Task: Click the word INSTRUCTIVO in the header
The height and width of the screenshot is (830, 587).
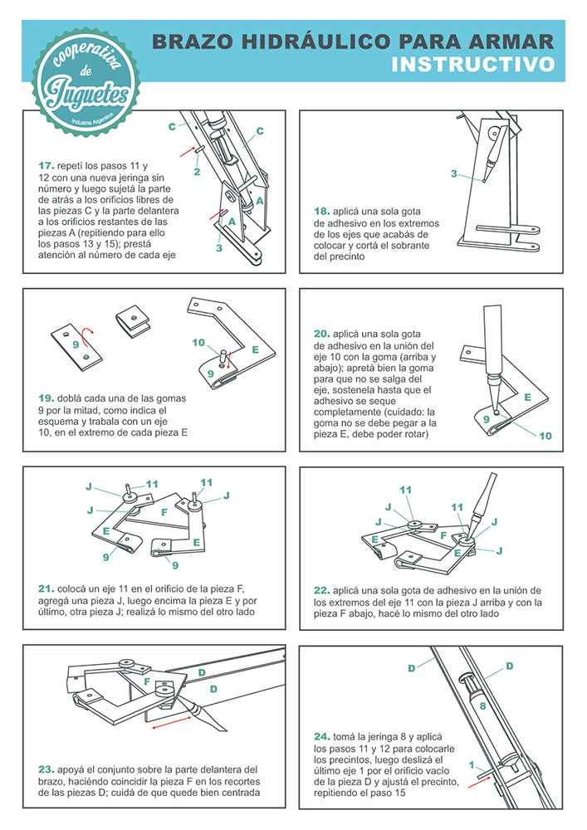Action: pos(472,65)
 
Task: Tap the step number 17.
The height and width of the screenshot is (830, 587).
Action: pos(46,166)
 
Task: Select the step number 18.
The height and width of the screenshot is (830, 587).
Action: pos(322,211)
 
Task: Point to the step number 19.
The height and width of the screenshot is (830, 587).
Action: pos(46,398)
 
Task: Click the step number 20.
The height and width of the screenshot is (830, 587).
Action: pos(322,334)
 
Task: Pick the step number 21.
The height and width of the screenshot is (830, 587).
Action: pos(46,588)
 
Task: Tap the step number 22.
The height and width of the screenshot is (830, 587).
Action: pos(322,590)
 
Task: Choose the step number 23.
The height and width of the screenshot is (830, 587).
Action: pos(46,769)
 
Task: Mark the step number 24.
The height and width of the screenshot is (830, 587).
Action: pos(322,736)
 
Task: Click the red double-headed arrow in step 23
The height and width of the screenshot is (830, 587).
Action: pos(172,723)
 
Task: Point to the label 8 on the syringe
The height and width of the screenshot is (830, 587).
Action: pos(482,705)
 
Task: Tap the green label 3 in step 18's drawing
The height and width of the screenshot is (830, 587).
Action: pos(453,173)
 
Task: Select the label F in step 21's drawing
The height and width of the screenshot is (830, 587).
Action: pos(164,512)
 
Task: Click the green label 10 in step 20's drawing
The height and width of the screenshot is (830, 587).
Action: pos(545,437)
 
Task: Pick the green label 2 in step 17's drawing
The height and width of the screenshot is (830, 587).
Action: pos(197,172)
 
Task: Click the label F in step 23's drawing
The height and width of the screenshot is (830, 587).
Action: pos(147,681)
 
